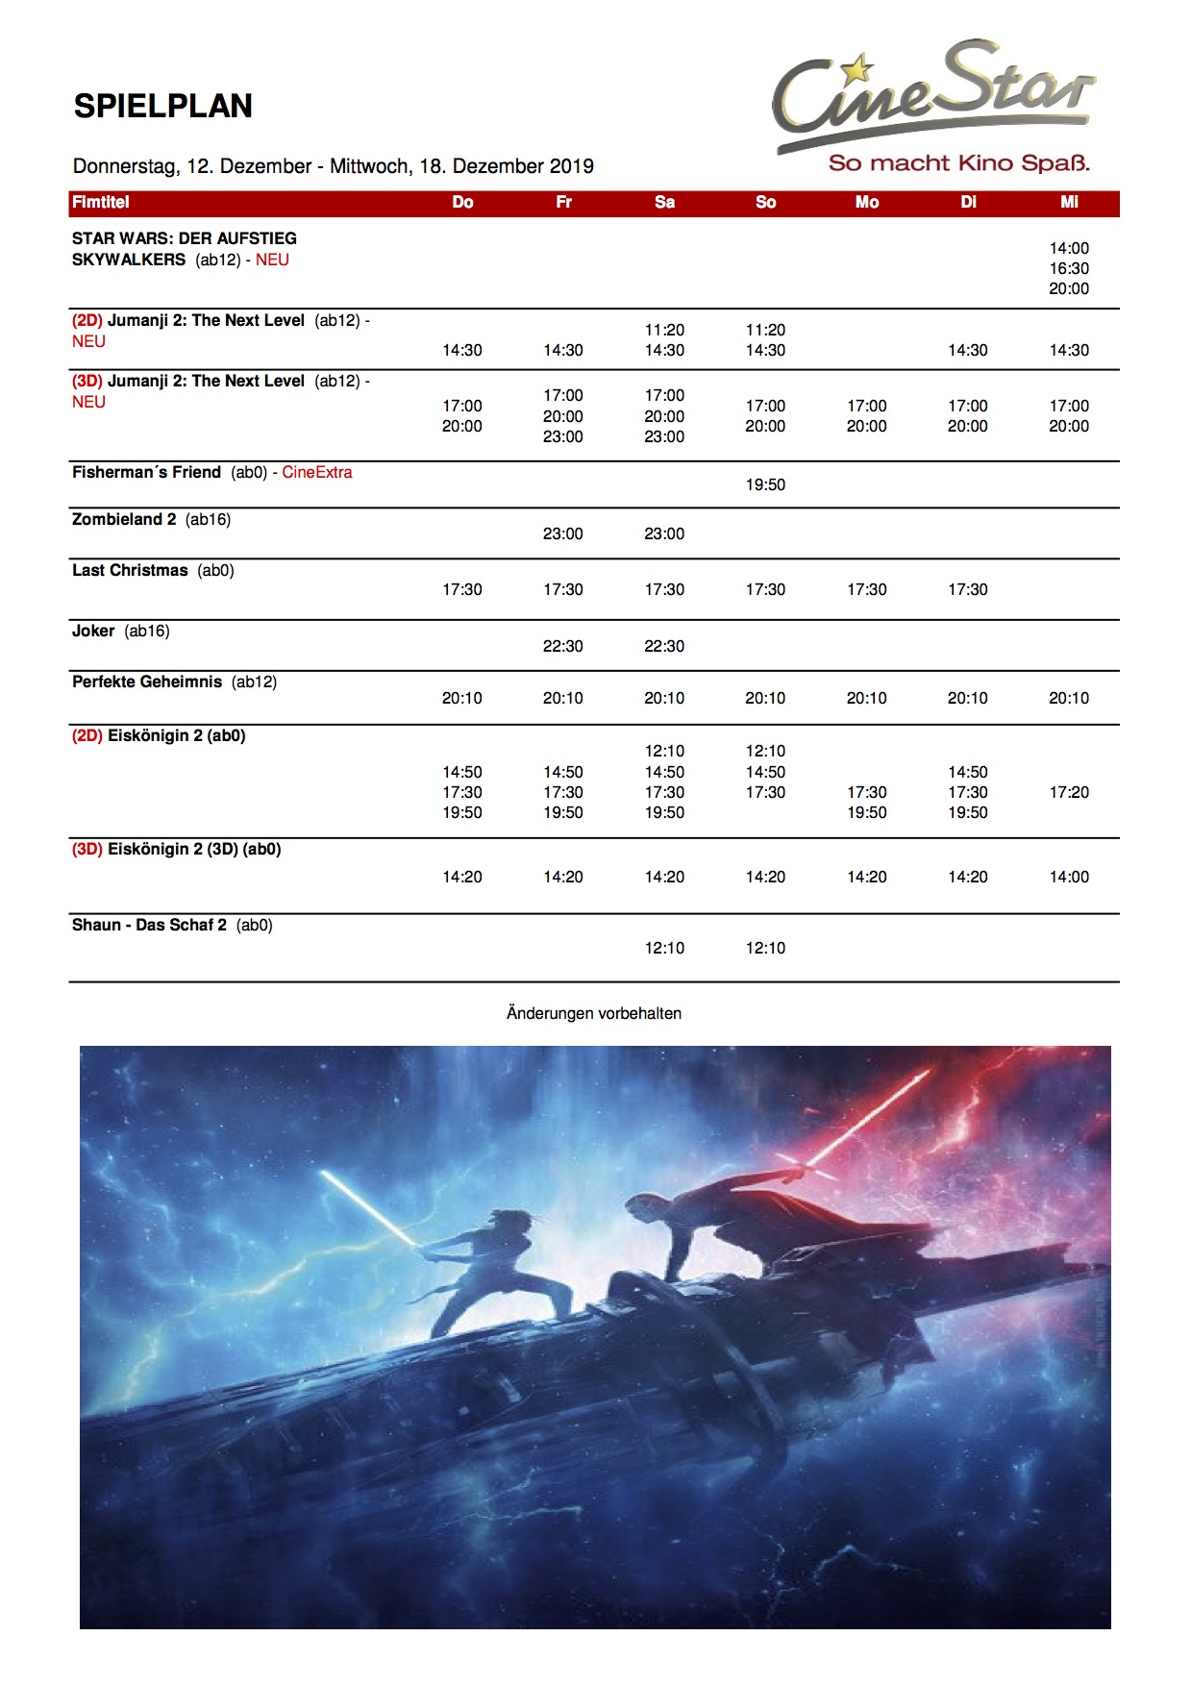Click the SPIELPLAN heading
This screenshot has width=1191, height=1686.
162,106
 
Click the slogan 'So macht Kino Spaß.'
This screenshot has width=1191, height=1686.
958,163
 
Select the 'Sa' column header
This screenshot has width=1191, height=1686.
664,202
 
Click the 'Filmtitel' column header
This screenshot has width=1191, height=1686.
100,202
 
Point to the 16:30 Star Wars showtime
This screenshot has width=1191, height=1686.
1069,268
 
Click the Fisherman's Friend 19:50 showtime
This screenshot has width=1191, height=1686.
765,484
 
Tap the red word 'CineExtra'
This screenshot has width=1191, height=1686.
316,472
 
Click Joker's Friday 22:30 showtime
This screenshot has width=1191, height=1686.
562,646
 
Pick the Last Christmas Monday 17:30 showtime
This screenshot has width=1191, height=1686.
866,589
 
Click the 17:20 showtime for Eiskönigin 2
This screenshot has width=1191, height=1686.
1069,792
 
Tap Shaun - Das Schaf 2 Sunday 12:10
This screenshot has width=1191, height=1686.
765,948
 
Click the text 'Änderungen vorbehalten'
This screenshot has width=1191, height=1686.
594,1013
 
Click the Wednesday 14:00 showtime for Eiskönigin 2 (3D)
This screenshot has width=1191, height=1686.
1069,877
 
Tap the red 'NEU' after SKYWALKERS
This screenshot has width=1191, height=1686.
272,260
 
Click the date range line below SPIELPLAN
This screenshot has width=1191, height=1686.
334,166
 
